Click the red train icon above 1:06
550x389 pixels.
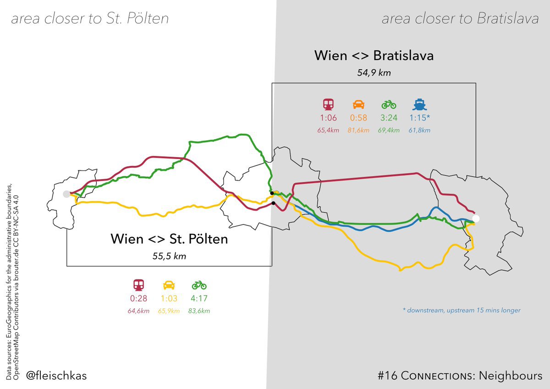pos(328,104)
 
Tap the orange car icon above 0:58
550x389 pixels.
pos(358,104)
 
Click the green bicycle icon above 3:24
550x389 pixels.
pos(389,104)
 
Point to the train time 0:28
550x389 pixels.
pos(138,298)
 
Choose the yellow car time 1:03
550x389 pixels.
pos(169,298)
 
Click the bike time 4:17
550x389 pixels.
pos(199,298)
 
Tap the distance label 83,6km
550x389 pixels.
pos(199,311)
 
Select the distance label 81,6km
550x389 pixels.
pos(358,130)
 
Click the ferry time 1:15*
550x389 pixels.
pos(420,118)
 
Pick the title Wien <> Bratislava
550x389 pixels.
pos(374,56)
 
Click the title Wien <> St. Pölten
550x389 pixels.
pos(169,239)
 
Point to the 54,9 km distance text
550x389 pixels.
pos(374,72)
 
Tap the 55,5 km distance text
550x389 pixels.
pos(169,256)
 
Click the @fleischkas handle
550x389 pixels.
pos(56,376)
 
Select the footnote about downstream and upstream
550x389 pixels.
pos(461,310)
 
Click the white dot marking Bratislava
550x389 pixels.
pos(476,219)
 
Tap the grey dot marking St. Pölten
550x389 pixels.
pos(67,194)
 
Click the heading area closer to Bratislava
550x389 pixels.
pos(460,19)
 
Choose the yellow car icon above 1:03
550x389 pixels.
pos(169,285)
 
